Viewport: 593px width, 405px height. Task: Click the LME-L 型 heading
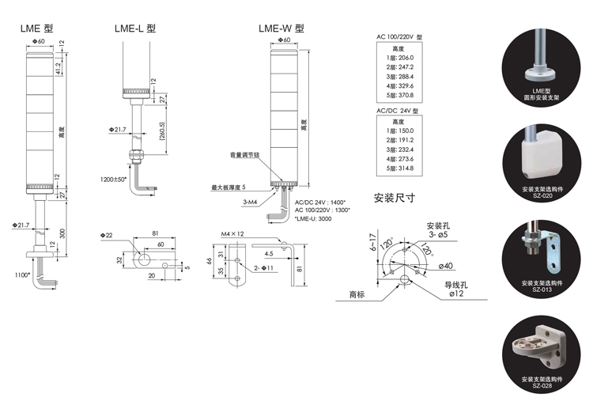click(x=135, y=28)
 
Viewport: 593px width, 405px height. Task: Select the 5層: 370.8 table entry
click(x=399, y=96)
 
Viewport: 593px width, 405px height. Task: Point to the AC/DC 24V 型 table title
click(x=399, y=110)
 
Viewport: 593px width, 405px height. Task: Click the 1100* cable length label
click(x=21, y=274)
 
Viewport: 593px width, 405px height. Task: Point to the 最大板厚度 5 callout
click(x=229, y=187)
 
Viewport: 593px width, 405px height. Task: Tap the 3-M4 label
click(x=229, y=202)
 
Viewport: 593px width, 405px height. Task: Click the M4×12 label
click(x=233, y=234)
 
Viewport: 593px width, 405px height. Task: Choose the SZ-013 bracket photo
click(x=541, y=252)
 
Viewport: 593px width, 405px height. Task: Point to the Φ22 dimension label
click(x=108, y=235)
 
